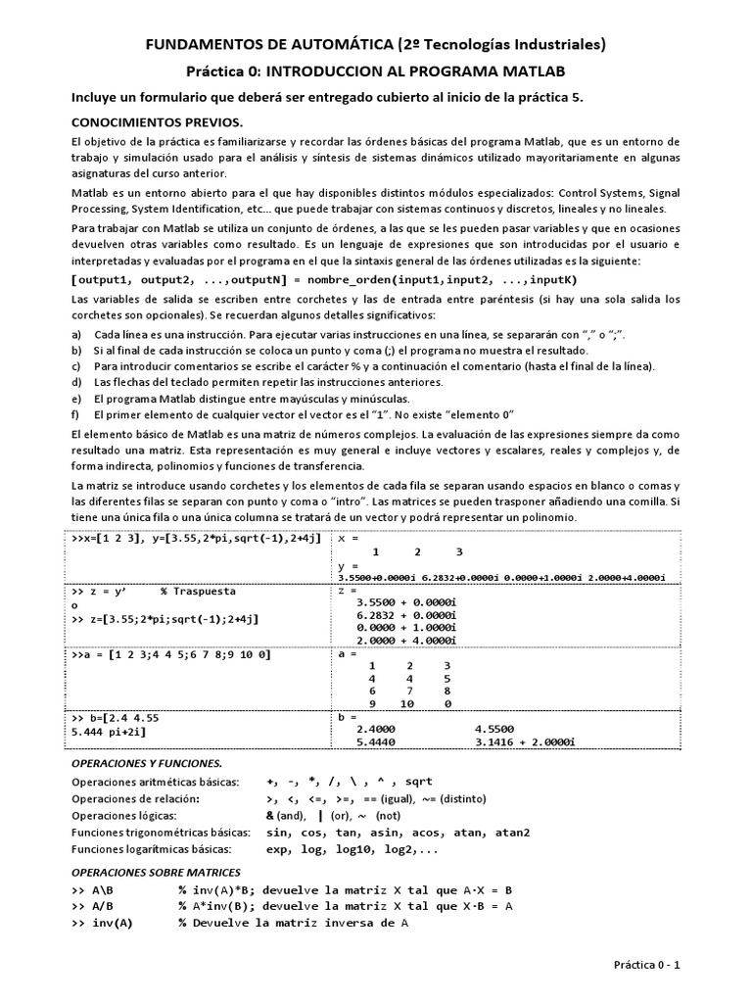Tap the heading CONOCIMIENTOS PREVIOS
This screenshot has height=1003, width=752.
157,123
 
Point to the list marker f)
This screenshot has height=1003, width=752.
77,414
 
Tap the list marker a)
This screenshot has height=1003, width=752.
77,334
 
